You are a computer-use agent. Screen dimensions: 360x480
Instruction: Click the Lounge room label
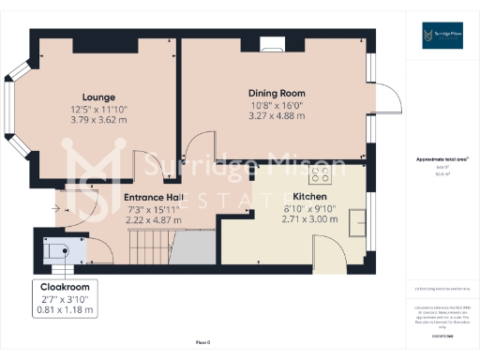point(98,97)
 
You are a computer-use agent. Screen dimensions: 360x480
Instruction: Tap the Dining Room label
point(277,93)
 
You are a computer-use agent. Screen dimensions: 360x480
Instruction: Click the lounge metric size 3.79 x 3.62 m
point(98,119)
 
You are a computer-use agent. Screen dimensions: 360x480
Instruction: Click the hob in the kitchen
point(321,173)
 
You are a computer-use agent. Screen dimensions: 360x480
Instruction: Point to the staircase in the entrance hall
point(147,248)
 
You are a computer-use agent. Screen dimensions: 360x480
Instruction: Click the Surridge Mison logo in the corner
point(442,37)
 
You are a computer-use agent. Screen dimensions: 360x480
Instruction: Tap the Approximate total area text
point(442,160)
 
